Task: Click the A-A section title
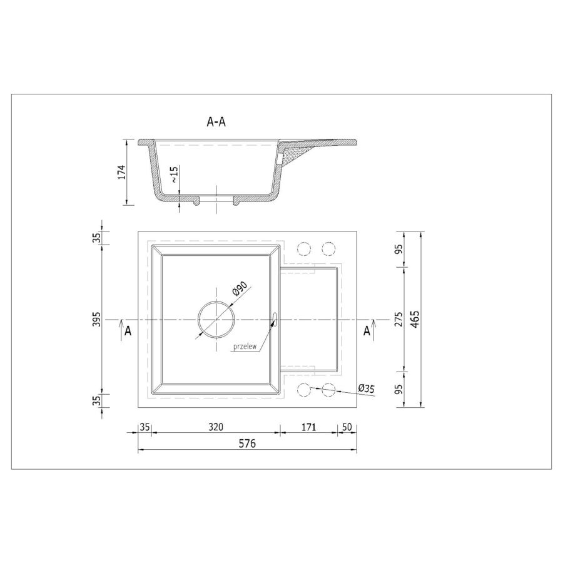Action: tap(216, 122)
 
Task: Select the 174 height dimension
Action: tap(122, 173)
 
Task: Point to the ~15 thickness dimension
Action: tap(174, 175)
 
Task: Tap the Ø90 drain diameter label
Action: tap(240, 289)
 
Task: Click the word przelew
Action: tap(245, 347)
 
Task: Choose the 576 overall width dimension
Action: tap(247, 444)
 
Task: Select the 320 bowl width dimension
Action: tap(216, 427)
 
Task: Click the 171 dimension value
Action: tap(308, 427)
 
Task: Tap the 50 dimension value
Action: tap(347, 427)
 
